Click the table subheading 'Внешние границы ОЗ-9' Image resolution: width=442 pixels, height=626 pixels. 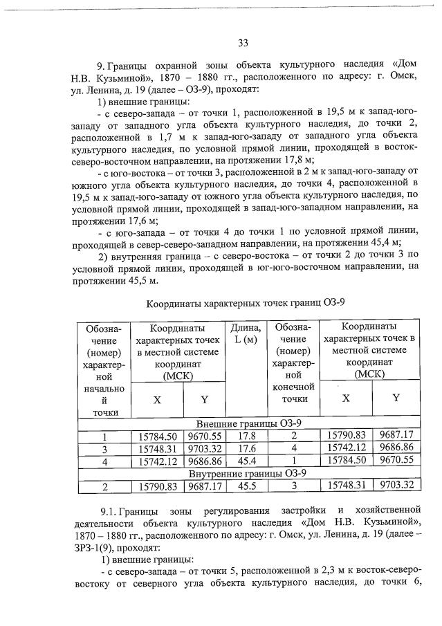click(249, 423)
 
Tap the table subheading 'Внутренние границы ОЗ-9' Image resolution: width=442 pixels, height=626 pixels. click(249, 474)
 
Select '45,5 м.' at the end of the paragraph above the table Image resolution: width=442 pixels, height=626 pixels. click(140, 282)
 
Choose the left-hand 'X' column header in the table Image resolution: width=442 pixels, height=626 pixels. click(158, 399)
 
